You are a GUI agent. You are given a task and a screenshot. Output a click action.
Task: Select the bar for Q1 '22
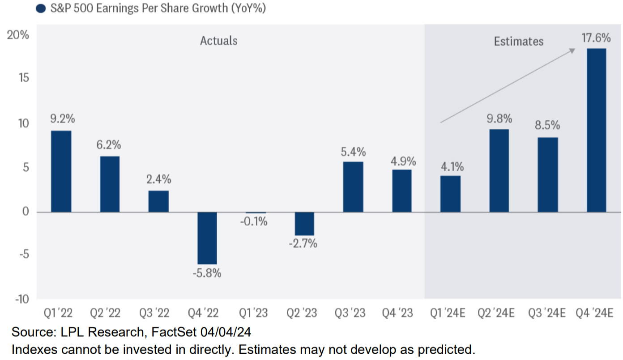tap(61, 171)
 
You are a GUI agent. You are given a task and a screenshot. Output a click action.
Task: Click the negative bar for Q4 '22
tap(207, 238)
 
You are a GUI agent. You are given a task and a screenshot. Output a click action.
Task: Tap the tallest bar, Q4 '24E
tap(596, 130)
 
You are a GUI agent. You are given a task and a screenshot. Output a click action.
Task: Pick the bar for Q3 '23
tap(353, 187)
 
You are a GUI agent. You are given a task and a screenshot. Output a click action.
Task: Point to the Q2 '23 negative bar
tap(304, 224)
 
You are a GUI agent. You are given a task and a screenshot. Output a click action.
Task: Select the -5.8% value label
tap(207, 273)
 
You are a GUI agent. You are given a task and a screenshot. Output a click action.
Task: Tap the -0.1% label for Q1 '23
tap(256, 221)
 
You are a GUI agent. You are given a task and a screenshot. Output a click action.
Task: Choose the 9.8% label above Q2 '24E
tap(499, 119)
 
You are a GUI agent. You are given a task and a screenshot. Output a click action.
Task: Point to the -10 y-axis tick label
tap(21, 299)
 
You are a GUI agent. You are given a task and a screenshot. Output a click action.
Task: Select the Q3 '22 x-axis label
tap(158, 313)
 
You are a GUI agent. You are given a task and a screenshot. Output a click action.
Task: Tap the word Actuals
tap(218, 41)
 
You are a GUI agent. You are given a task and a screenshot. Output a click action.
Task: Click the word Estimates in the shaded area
tap(519, 42)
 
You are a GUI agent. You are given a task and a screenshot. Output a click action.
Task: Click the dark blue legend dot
tap(42, 8)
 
